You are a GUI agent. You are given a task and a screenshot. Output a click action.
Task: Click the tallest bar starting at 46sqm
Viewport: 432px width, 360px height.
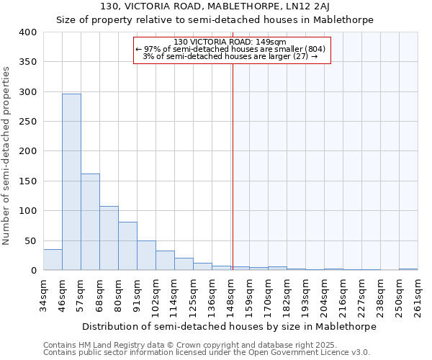[x=71, y=181]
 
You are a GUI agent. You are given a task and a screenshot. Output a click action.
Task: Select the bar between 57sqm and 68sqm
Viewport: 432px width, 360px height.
[x=90, y=222]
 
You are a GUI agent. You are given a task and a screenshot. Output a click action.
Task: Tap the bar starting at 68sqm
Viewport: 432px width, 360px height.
[x=109, y=238]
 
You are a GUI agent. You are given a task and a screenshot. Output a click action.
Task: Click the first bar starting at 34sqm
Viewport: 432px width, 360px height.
[x=53, y=259]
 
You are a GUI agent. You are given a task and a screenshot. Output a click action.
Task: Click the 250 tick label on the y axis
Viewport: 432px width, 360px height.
[x=27, y=122]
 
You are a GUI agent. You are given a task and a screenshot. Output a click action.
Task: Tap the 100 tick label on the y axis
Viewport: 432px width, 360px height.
[x=27, y=211]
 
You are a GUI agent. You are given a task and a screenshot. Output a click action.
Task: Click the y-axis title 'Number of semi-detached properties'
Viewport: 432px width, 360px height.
[x=7, y=155]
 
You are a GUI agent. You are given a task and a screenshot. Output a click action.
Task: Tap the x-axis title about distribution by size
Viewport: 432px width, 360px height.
[x=230, y=326]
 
